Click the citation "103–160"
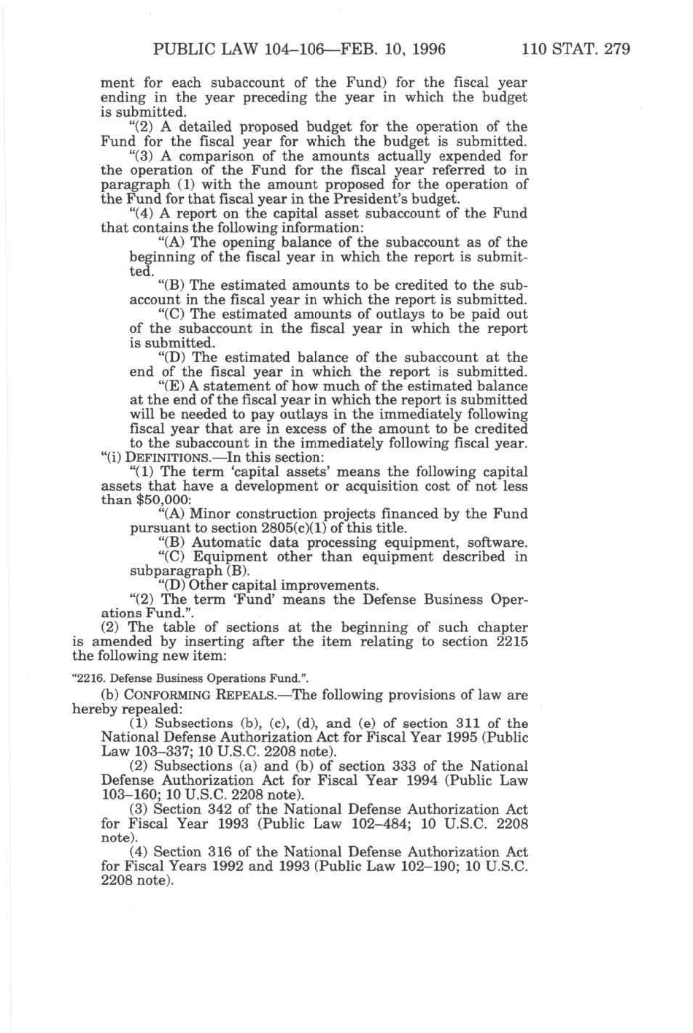pyautogui.click(x=127, y=795)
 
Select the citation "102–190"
pyautogui.click(x=402, y=867)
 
